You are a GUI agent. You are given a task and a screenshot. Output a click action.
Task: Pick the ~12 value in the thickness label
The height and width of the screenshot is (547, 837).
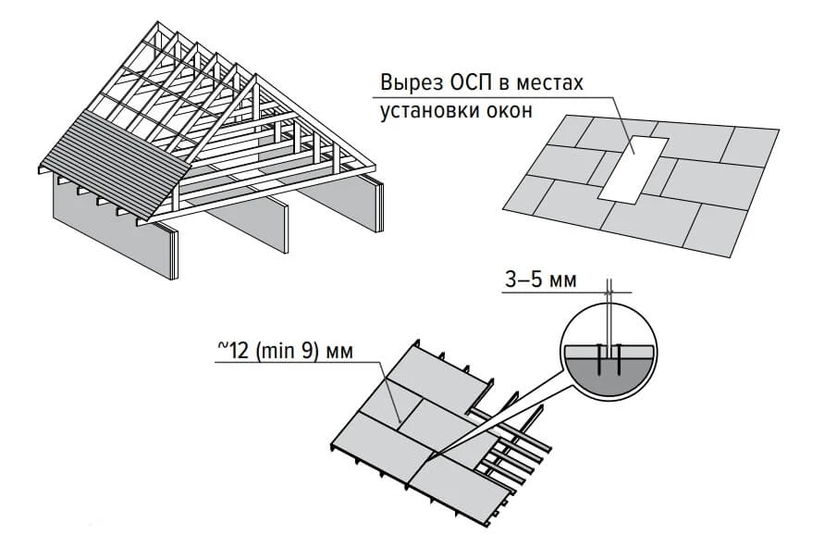click(x=234, y=350)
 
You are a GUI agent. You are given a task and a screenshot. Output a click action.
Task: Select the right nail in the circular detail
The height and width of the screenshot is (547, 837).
click(x=618, y=359)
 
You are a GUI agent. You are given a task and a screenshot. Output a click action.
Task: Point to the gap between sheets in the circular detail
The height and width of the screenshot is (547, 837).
click(x=609, y=351)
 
